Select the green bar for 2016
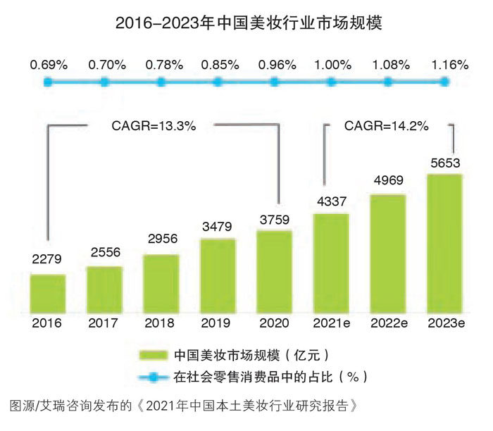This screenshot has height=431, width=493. (48, 294)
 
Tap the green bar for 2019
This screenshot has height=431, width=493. (218, 276)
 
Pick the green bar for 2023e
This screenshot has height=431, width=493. (444, 243)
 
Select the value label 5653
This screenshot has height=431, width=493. (444, 163)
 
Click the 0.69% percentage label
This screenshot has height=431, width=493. (48, 65)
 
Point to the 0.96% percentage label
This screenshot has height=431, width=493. (275, 65)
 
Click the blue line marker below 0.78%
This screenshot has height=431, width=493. (161, 82)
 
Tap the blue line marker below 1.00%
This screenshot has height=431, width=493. (331, 82)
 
